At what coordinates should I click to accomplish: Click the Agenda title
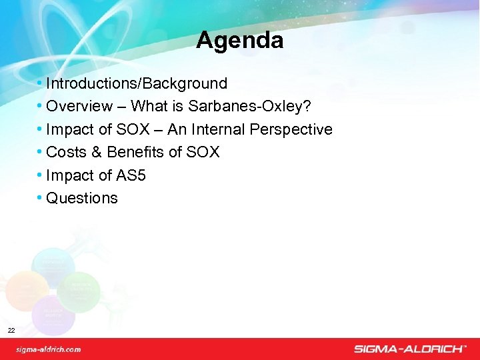[239, 41]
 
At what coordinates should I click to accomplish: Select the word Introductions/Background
[137, 83]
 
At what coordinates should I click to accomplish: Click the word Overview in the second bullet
[79, 106]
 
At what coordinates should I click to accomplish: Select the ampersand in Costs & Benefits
[95, 152]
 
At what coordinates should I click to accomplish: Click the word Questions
[82, 198]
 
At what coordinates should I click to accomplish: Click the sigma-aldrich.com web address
[49, 349]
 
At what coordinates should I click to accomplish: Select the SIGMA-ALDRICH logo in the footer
[410, 349]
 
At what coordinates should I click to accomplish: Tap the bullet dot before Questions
[41, 198]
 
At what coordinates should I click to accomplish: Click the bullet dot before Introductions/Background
[41, 83]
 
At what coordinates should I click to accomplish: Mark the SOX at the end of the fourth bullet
[203, 152]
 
